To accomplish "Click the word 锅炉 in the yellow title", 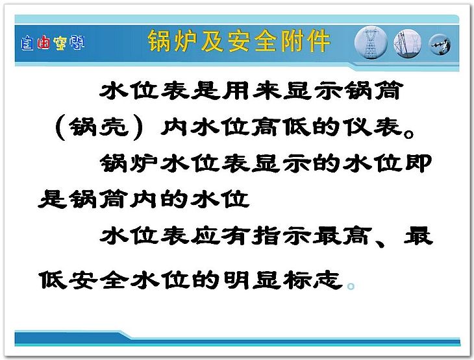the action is click(x=172, y=41).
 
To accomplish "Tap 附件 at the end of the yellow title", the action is click(x=305, y=41).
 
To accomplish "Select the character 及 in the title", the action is click(x=212, y=41).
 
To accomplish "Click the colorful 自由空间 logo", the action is click(x=53, y=43).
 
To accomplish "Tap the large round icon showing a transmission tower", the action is click(x=371, y=43).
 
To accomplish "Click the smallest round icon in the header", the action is click(x=440, y=45).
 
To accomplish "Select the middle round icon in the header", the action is click(x=408, y=43).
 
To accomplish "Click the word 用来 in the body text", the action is click(x=251, y=90).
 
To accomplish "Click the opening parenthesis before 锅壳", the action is click(x=61, y=128).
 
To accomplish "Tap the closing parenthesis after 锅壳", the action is click(x=138, y=128).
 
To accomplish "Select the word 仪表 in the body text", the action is click(x=373, y=126).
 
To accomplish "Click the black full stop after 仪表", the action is click(x=409, y=134).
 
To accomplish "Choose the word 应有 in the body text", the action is click(x=221, y=236).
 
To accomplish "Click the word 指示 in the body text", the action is click(x=282, y=236).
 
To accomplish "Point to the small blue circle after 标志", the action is click(x=351, y=285).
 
